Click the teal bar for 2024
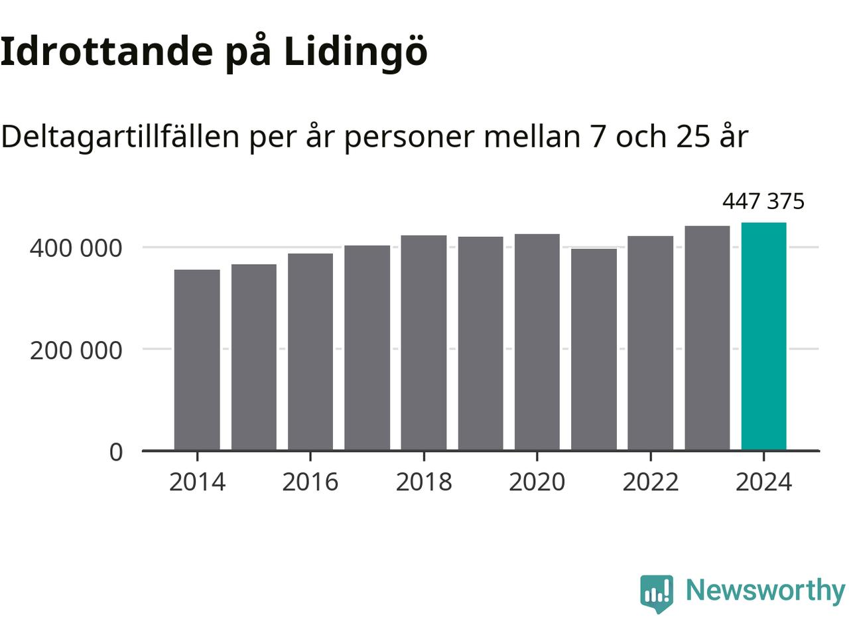pos(763,336)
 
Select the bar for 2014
pos(197,360)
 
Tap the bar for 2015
pos(254,358)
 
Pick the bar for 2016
pos(310,352)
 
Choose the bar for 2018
pos(424,343)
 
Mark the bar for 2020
pos(537,342)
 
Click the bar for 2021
pos(594,350)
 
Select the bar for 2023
pos(707,338)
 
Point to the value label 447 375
pos(763,201)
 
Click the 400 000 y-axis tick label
pos(76,248)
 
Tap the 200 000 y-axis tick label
pos(76,350)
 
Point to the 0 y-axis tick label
pos(116,452)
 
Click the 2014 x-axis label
pos(197,482)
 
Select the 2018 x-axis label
pos(424,482)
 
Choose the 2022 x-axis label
pos(651,482)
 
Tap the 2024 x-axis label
pos(763,482)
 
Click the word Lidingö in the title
pos(356,52)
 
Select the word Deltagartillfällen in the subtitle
pos(119,137)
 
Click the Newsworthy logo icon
pos(657,593)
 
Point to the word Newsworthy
pos(765,590)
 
